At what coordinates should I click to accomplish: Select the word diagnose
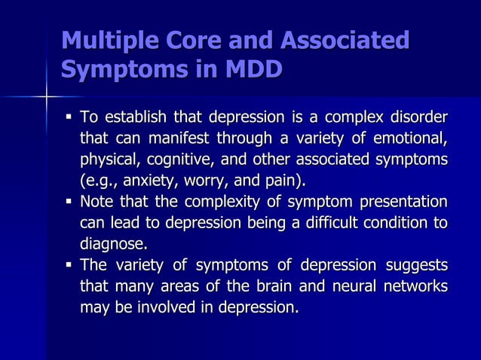(114, 244)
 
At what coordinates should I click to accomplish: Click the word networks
(413, 286)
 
